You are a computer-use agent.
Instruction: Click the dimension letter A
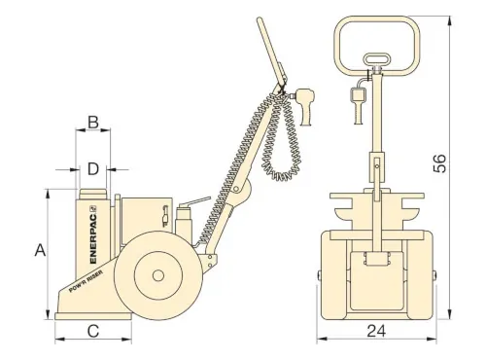pyautogui.click(x=40, y=250)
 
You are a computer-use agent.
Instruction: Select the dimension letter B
pyautogui.click(x=93, y=123)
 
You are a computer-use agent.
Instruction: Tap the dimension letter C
pyautogui.click(x=93, y=332)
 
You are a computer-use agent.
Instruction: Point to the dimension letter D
pyautogui.click(x=93, y=169)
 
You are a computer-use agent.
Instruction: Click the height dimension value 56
pyautogui.click(x=439, y=163)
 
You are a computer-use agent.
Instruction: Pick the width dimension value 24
pyautogui.click(x=376, y=331)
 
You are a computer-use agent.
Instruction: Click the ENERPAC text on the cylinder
pyautogui.click(x=93, y=234)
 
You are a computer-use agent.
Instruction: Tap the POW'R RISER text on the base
pyautogui.click(x=87, y=281)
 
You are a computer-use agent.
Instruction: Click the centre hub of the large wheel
pyautogui.click(x=158, y=276)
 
